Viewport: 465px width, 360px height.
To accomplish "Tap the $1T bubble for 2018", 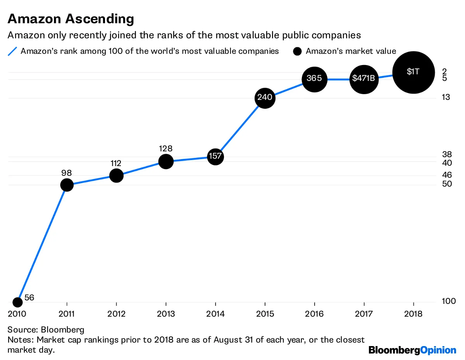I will click(413, 72).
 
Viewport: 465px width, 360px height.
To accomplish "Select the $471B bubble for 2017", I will click(364, 79).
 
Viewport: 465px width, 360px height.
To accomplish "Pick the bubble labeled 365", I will click(314, 79).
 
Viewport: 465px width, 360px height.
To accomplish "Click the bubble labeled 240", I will click(265, 98).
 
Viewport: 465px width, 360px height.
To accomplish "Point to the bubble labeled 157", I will click(215, 157).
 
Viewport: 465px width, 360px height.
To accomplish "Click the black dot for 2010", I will click(17, 302).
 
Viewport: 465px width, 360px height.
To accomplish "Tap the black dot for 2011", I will click(67, 185).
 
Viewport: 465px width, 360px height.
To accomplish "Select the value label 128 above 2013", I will click(165, 149).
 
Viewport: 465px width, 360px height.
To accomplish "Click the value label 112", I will click(116, 163).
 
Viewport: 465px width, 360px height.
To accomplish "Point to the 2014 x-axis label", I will click(215, 314).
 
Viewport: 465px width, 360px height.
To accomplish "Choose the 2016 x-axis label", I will click(314, 314).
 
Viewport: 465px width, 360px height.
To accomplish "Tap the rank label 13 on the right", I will click(446, 97).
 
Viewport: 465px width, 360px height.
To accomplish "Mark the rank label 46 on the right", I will click(447, 175).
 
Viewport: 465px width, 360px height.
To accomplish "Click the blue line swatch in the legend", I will click(13, 51).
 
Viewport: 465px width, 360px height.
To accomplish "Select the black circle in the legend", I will click(297, 51).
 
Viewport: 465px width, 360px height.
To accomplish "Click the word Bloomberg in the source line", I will click(65, 330).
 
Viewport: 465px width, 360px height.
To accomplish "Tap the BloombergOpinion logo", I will click(412, 350).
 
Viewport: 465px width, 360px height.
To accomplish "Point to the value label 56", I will click(29, 298).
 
